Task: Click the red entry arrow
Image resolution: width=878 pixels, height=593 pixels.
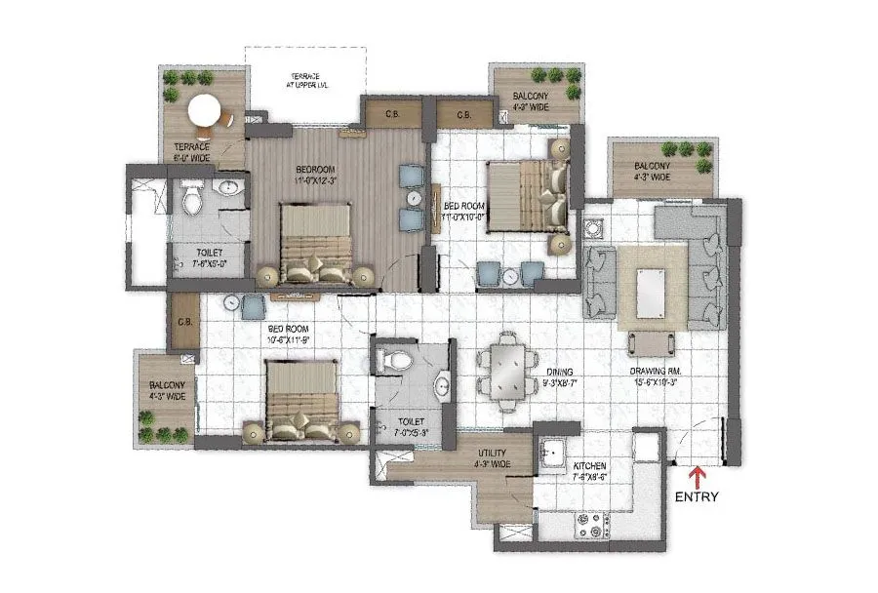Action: tap(697, 477)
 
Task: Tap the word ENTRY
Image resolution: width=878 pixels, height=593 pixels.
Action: tap(697, 496)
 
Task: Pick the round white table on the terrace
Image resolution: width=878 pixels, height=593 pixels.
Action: tap(205, 112)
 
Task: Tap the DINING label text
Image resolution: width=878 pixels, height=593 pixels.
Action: tap(558, 372)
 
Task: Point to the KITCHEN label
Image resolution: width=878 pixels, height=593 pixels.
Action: tap(591, 466)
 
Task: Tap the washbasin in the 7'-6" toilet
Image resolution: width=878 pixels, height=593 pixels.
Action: tap(227, 188)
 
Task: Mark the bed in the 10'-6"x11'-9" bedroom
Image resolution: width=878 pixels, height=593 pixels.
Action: tap(299, 400)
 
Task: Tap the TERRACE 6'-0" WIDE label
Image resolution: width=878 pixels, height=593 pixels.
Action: tap(192, 153)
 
